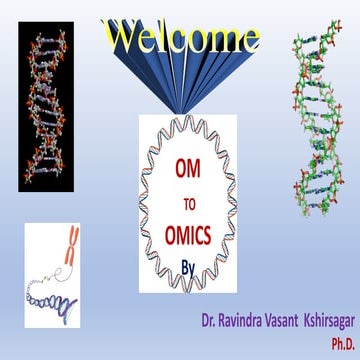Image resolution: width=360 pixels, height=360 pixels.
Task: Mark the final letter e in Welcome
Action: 250,40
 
